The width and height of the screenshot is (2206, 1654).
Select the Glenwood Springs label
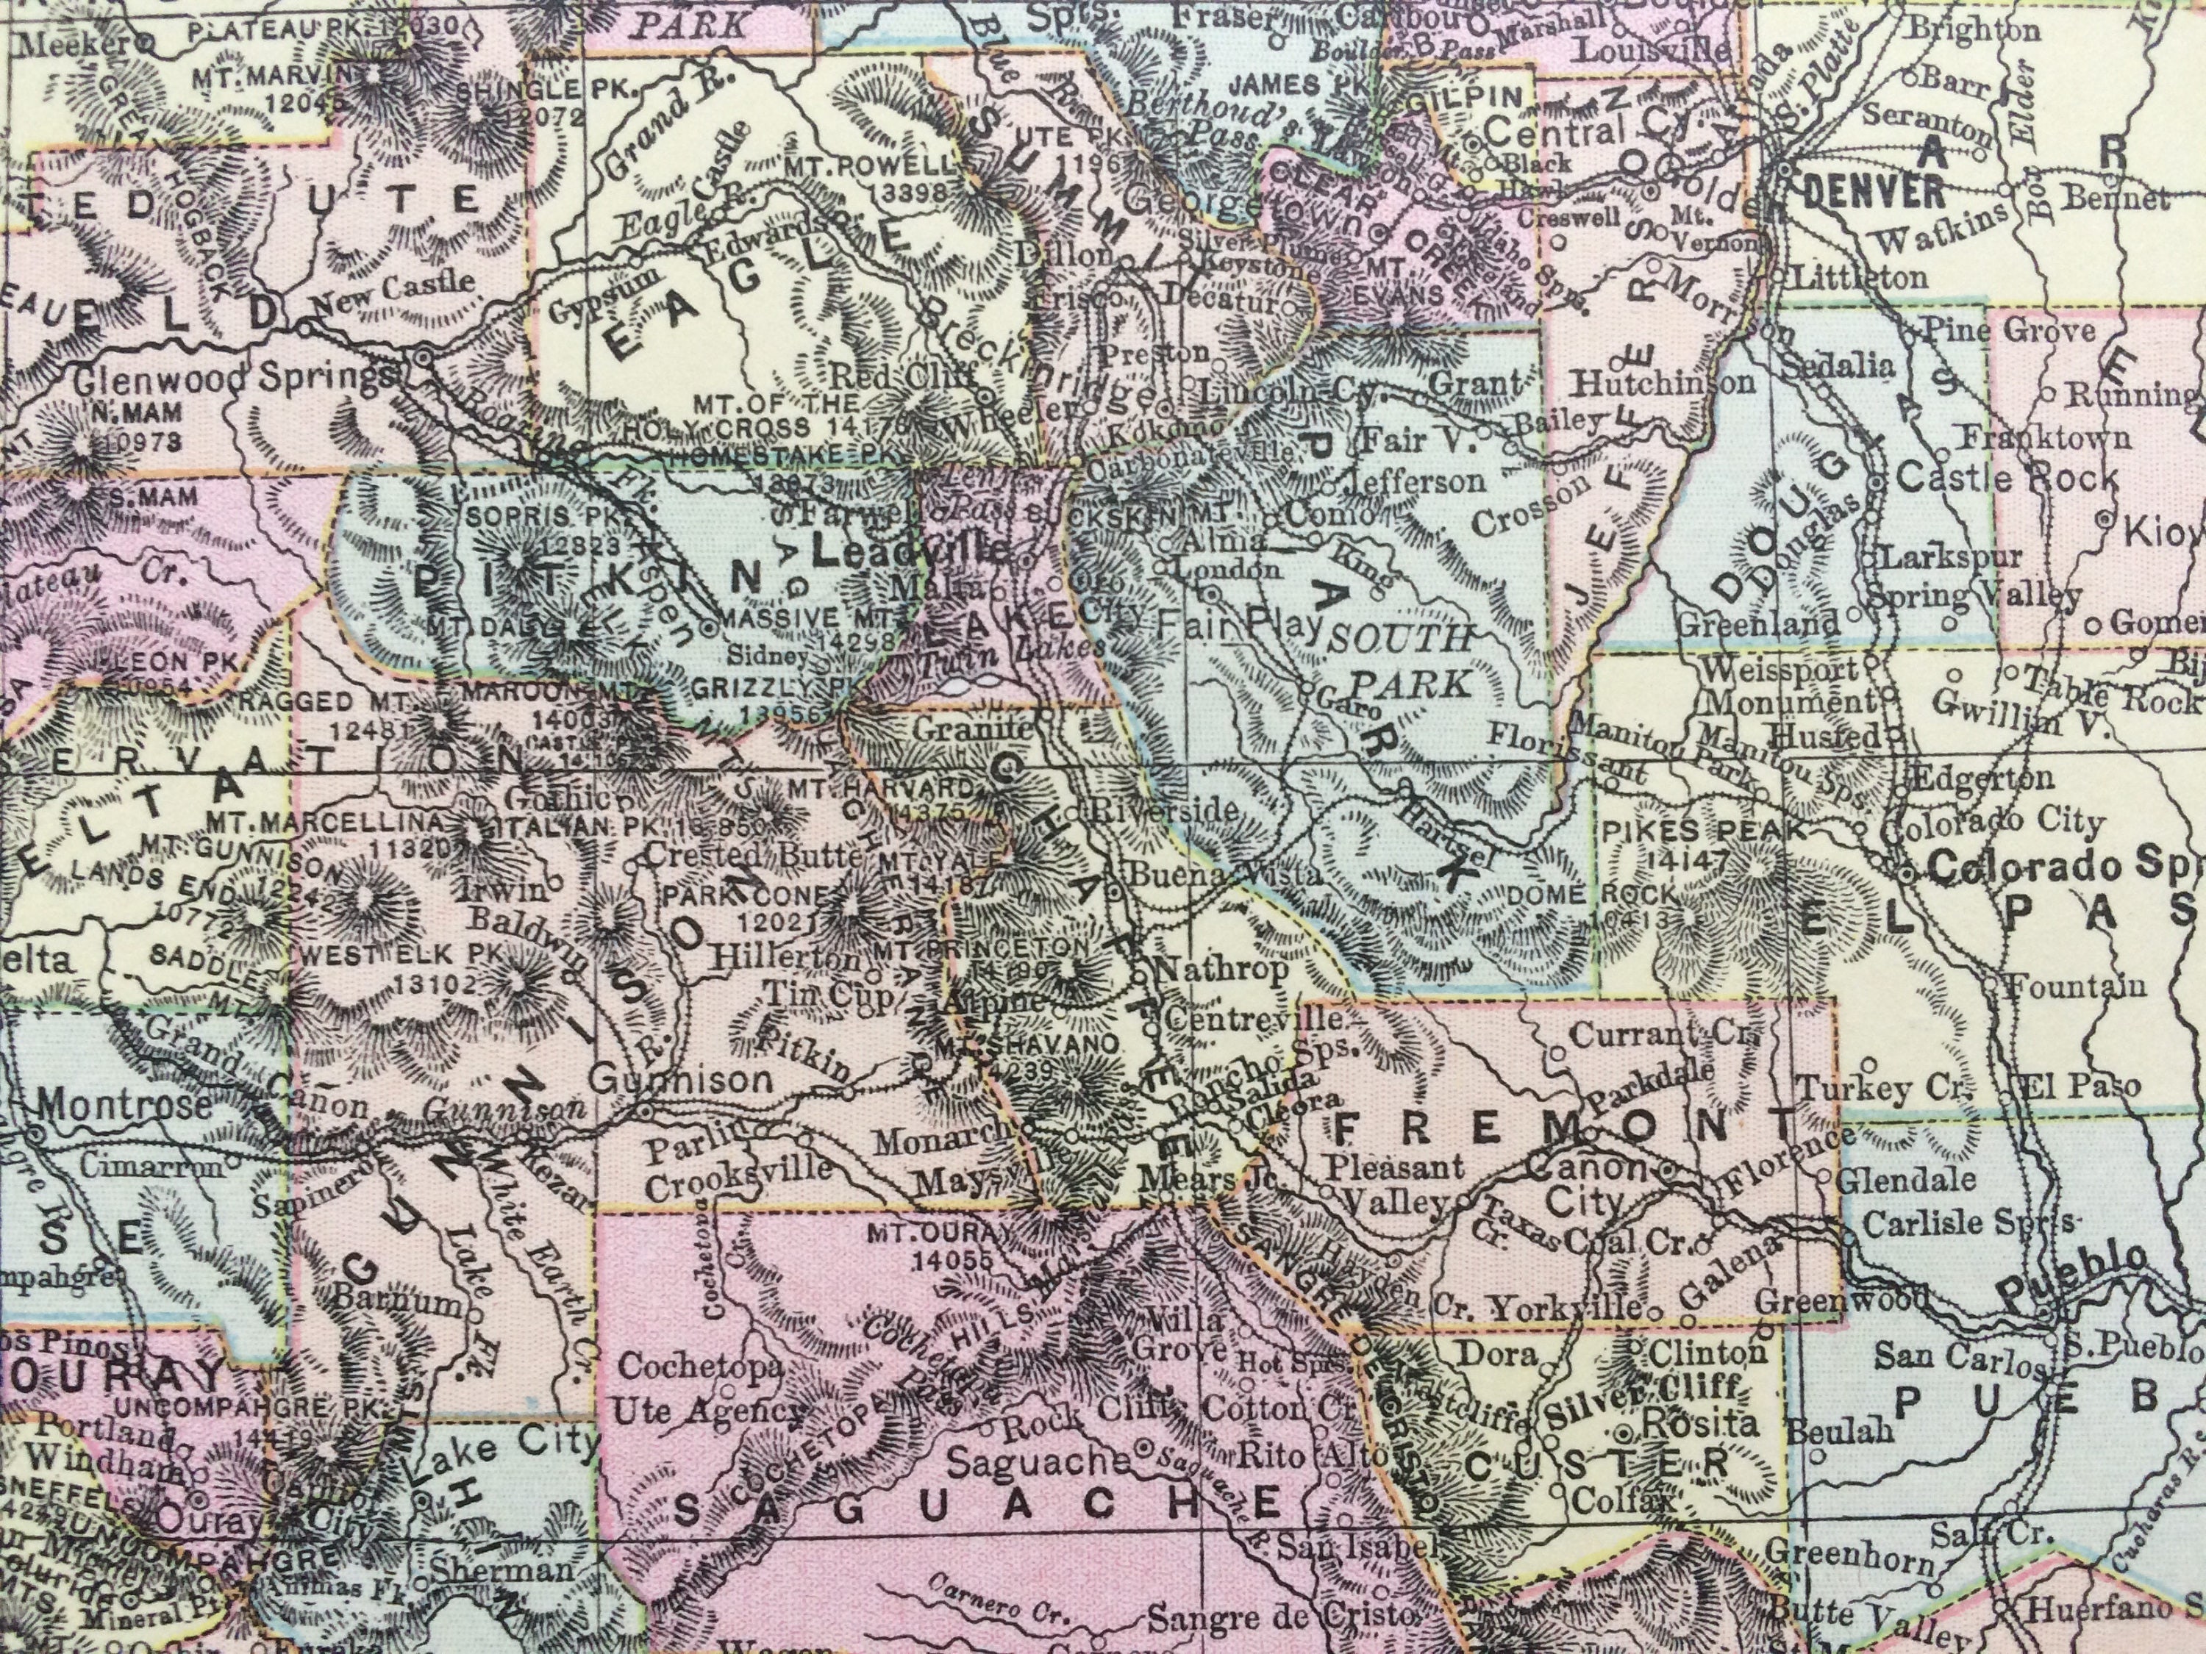pos(235,377)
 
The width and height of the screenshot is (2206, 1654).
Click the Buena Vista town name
pos(1226,873)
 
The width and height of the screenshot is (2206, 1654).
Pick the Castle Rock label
pos(2005,478)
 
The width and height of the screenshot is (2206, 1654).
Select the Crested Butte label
pos(752,853)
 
